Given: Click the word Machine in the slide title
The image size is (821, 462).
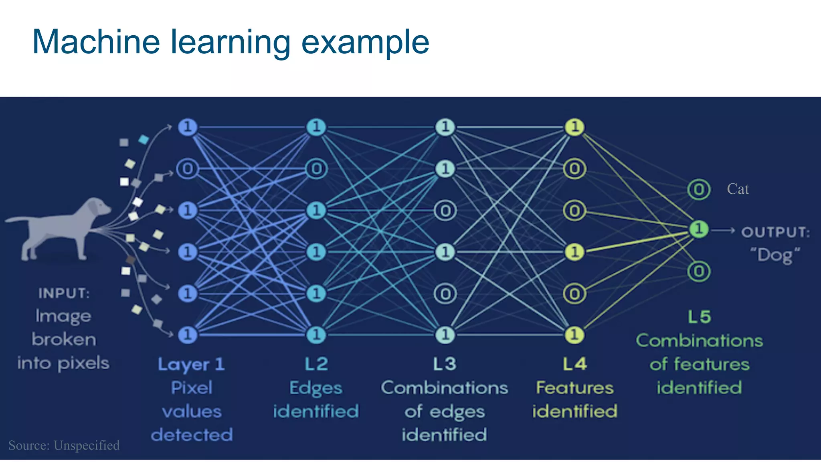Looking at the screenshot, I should (x=96, y=42).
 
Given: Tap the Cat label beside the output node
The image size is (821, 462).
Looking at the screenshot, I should (x=738, y=189).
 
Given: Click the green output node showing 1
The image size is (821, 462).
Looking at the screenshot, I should (x=699, y=229).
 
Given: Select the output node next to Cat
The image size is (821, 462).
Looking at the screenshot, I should (x=699, y=189).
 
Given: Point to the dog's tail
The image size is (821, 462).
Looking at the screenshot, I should (x=18, y=219).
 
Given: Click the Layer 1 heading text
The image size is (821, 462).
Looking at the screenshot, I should (x=191, y=364).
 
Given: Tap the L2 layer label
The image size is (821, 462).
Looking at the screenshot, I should (x=316, y=364).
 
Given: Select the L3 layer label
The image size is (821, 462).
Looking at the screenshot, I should (x=445, y=364).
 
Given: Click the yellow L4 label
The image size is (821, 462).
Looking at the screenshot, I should (x=574, y=364).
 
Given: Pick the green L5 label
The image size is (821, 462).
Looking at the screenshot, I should (x=699, y=317).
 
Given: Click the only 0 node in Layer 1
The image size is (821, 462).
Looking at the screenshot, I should (x=187, y=169).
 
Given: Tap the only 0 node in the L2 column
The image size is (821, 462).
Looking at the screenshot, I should (x=316, y=169).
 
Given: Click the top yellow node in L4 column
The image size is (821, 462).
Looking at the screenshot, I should (x=574, y=127).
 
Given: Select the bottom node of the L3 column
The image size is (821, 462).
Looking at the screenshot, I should (x=445, y=334).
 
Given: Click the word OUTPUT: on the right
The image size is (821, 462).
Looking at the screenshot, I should (x=775, y=232).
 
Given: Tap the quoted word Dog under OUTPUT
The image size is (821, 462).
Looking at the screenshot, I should (x=775, y=255).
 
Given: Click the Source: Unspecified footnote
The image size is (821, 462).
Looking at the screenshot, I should (x=64, y=445).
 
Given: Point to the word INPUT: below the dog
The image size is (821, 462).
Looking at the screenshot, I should (x=64, y=293).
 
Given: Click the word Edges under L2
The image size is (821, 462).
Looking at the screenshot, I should (x=316, y=388).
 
